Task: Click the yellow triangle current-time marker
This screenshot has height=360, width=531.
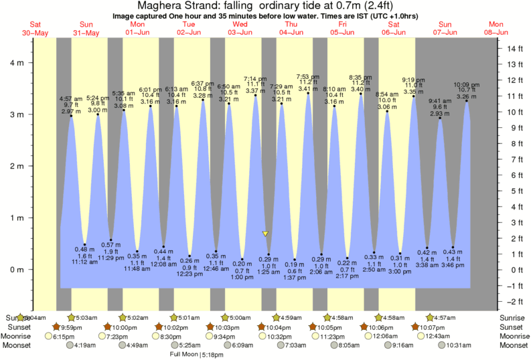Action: click(265, 234)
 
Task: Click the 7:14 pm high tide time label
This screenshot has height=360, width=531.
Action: click(255, 78)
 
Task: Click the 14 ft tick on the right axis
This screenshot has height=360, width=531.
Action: click(513, 49)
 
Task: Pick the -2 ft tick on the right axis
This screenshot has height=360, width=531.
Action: click(513, 302)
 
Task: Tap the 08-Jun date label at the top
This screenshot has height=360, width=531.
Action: click(496, 32)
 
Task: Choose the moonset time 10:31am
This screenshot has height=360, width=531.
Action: click(443, 345)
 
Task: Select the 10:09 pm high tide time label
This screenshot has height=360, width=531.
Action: click(466, 85)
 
